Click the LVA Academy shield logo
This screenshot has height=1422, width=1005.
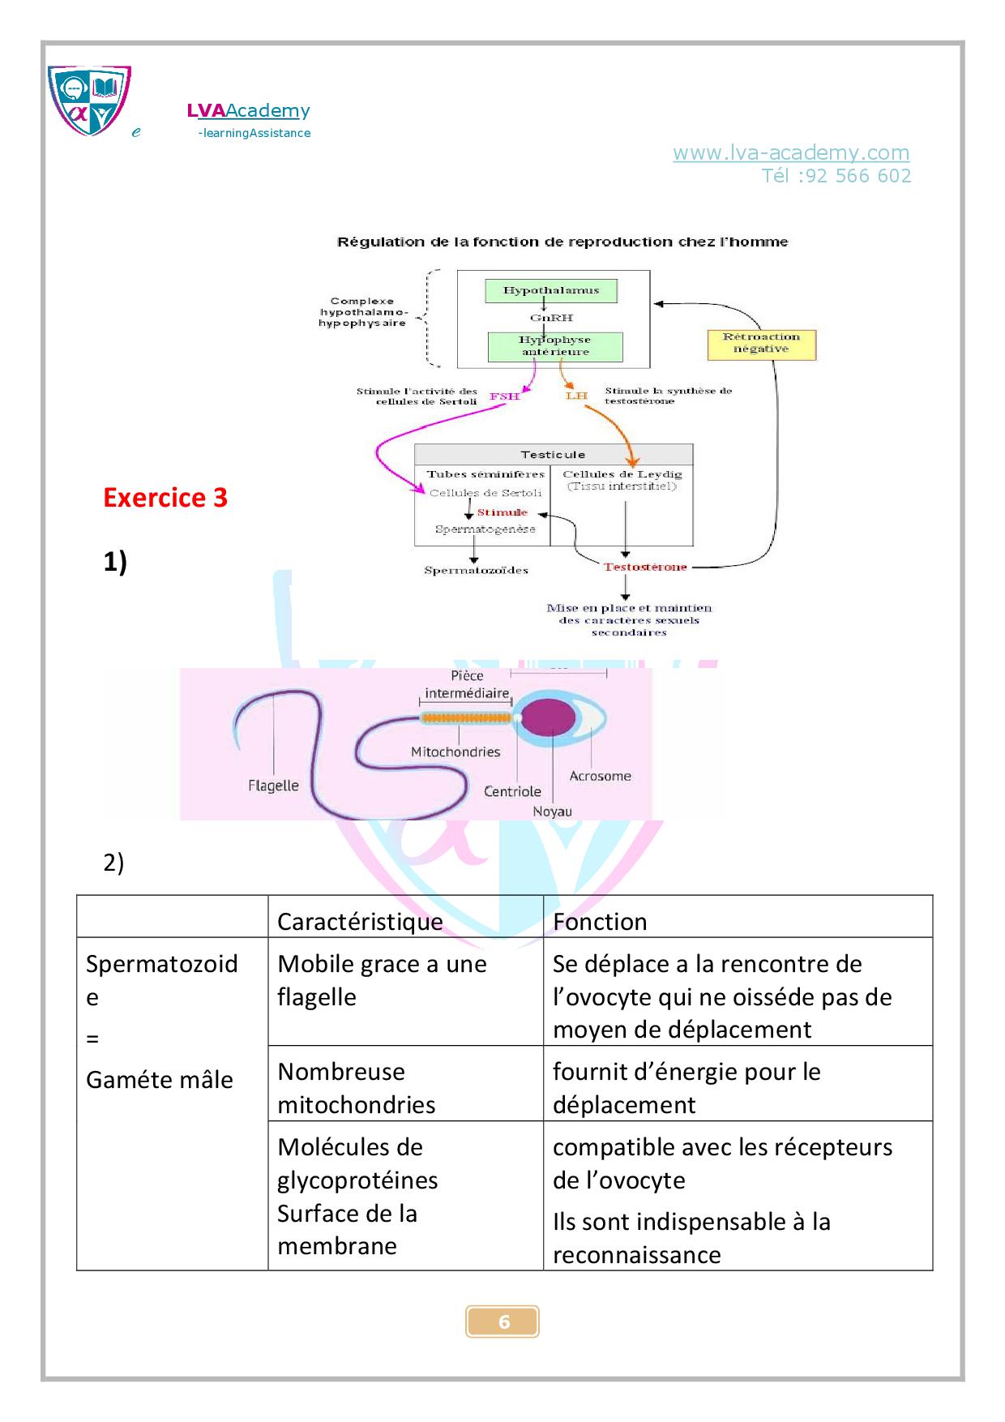tap(89, 101)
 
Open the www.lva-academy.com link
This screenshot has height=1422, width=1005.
tap(790, 152)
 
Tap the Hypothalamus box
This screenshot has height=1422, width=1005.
tap(551, 290)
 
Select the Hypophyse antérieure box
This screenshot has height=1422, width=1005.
tap(555, 346)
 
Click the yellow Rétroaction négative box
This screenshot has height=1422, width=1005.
tap(761, 343)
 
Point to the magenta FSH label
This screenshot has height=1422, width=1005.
tap(504, 396)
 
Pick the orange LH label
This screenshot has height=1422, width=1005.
tap(576, 396)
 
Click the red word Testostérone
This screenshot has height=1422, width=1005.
tap(645, 567)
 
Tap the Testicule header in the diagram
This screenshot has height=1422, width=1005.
tap(553, 455)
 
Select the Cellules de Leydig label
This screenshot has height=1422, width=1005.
tap(622, 474)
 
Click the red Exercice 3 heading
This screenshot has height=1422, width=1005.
tap(165, 498)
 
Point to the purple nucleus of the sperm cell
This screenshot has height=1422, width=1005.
tap(549, 718)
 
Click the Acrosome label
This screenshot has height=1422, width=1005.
tap(600, 776)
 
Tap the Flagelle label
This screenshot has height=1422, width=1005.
tap(273, 786)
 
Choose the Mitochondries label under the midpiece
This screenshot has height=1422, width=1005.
tap(455, 752)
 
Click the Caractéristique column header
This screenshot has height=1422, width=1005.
tap(360, 922)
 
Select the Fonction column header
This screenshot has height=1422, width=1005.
tap(600, 922)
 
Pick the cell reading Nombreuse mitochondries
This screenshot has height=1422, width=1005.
tap(357, 1088)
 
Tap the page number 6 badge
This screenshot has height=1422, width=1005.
tap(502, 1321)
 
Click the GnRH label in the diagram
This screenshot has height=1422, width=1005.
tap(551, 318)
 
